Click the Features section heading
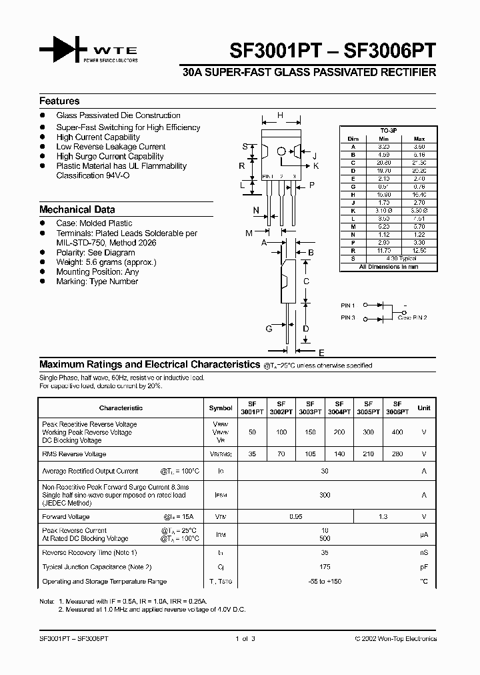pos(59,101)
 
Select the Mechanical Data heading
pos(77,209)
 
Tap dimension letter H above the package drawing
pos(281,115)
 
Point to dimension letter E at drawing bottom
pos(321,352)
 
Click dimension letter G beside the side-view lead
pos(269,329)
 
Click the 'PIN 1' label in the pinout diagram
pos(348,305)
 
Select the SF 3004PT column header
pos(339,408)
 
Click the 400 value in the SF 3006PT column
pos(397,432)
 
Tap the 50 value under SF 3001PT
pos(253,432)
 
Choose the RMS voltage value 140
pos(339,454)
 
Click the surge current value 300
pos(325,495)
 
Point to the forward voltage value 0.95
pos(296,517)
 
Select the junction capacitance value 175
pos(325,567)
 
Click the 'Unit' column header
pos(424,408)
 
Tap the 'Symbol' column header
pos(221,408)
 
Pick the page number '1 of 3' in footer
pos(245,639)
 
